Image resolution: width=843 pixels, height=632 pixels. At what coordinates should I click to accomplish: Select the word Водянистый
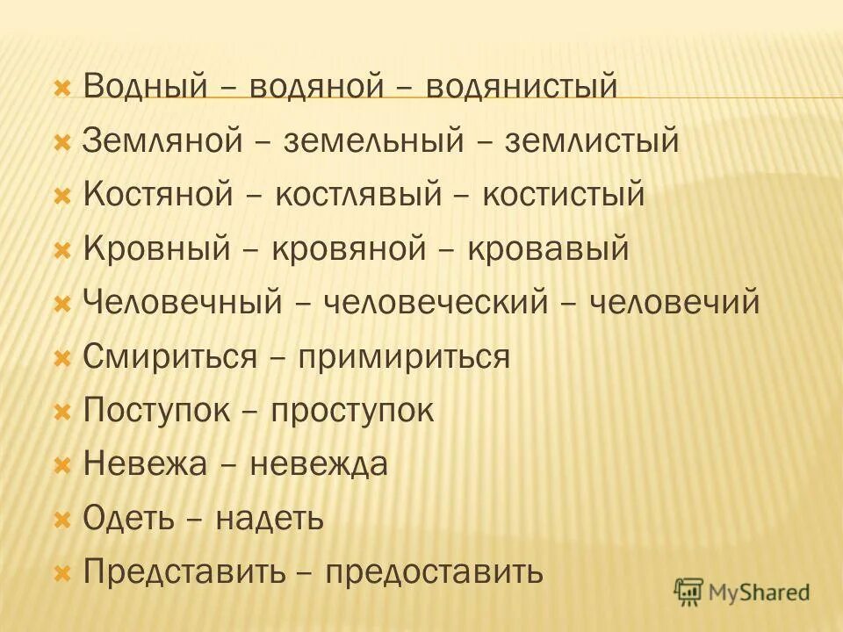522,87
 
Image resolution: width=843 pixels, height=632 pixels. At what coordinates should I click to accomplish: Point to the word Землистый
592,140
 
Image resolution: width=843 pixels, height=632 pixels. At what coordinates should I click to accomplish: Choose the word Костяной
157,195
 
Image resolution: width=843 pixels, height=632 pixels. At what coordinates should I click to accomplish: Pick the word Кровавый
548,249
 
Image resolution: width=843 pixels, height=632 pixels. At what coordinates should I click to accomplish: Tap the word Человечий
674,303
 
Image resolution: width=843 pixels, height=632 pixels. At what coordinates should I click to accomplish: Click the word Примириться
403,357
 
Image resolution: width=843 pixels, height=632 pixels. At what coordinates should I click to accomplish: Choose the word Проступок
351,411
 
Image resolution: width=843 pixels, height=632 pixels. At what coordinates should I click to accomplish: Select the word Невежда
319,464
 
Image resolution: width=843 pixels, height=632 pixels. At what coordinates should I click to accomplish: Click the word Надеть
270,519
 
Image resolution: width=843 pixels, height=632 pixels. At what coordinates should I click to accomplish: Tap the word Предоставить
435,572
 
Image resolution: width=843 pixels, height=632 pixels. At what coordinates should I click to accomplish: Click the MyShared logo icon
690,592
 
